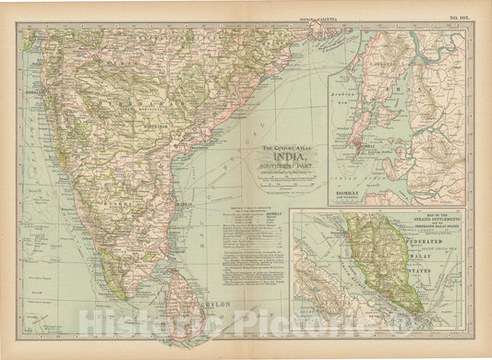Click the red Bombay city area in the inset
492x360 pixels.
pyautogui.click(x=354, y=144)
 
